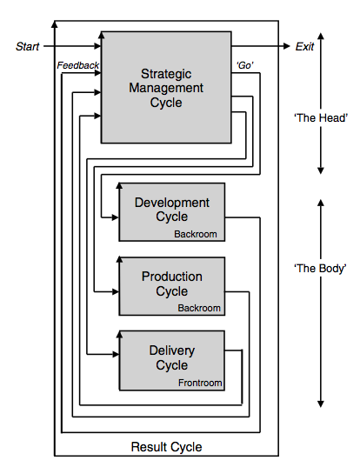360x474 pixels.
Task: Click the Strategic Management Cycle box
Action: (x=166, y=87)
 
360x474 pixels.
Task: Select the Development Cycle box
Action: (x=171, y=210)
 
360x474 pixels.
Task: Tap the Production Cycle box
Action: (x=171, y=284)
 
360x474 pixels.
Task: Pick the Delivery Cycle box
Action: (x=171, y=358)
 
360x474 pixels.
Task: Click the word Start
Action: (x=28, y=46)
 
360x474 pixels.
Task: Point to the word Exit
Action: (x=304, y=46)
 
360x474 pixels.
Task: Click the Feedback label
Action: (x=78, y=65)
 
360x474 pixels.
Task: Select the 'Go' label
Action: (x=245, y=66)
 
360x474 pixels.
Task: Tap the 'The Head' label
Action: (x=322, y=118)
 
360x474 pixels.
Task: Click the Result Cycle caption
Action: (x=166, y=447)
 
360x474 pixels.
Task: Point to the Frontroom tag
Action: (x=200, y=383)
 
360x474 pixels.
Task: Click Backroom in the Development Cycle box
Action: (x=196, y=235)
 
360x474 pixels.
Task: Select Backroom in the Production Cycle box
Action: (x=199, y=308)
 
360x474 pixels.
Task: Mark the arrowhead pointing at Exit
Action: (x=285, y=46)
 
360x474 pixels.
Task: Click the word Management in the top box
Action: (x=166, y=88)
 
